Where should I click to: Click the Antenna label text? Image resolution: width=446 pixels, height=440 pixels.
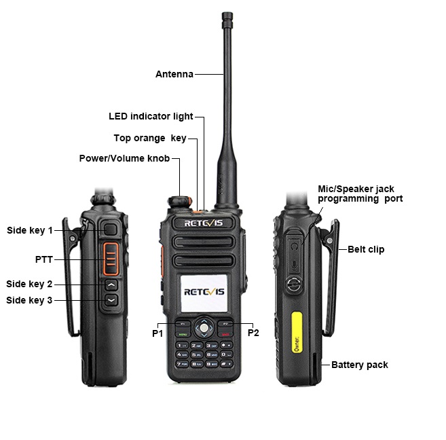pos(174,74)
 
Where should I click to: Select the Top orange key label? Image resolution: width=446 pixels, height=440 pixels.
pos(149,139)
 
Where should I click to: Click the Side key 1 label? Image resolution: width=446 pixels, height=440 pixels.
pos(29,231)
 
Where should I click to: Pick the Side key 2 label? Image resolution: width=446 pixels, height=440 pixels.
pos(29,284)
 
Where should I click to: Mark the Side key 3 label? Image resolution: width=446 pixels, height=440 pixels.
pos(29,300)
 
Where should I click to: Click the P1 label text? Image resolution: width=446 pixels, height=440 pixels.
pos(157,333)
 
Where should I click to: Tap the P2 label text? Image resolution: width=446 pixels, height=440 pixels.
pos(253,333)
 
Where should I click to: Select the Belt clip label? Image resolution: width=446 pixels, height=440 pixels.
pos(366,249)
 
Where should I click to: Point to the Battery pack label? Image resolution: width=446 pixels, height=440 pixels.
pos(359,365)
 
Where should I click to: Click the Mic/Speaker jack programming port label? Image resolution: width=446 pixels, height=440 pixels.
pos(360,194)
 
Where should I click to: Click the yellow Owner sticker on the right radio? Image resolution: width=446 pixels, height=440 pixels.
pos(296,330)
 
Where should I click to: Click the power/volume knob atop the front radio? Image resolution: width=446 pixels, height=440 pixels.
pos(179,203)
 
